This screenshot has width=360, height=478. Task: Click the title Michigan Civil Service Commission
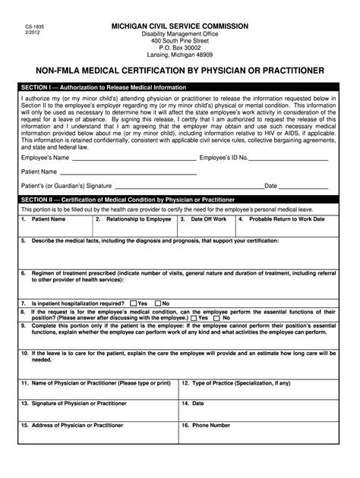(x=180, y=26)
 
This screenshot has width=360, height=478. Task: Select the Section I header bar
(x=180, y=88)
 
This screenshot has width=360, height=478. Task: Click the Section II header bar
(x=180, y=198)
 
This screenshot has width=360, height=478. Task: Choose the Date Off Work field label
(x=207, y=219)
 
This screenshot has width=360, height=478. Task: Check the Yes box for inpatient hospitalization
(x=134, y=303)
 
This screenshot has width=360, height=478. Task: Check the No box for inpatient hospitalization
(x=157, y=303)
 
